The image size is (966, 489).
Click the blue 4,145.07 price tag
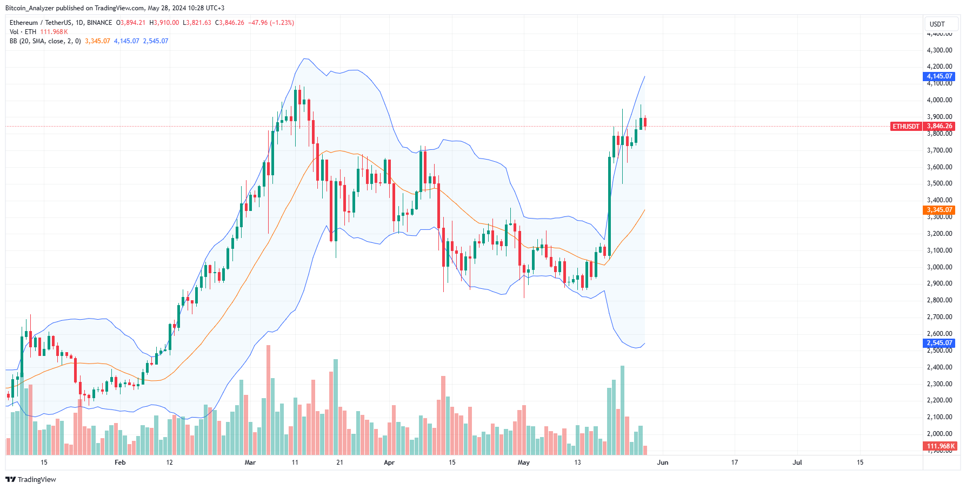(939, 76)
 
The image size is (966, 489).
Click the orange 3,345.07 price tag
(939, 210)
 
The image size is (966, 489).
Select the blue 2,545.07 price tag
(939, 343)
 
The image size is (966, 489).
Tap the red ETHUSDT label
(905, 127)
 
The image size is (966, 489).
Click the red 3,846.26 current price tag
(939, 126)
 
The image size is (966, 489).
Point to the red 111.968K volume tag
(940, 446)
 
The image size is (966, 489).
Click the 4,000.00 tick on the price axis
(940, 100)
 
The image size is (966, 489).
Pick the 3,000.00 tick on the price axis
(940, 267)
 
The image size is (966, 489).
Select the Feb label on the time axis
(120, 462)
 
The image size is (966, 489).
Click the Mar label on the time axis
(250, 462)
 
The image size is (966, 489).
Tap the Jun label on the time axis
(663, 462)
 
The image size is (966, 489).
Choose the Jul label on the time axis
(797, 462)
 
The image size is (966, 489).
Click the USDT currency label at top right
(937, 24)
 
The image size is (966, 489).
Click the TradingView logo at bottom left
(31, 480)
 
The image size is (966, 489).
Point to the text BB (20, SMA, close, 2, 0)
(45, 41)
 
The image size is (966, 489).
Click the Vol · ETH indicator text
(23, 32)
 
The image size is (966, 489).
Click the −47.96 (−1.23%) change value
(271, 23)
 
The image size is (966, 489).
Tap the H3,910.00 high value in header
(164, 23)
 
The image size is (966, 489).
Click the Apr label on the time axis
(389, 462)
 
